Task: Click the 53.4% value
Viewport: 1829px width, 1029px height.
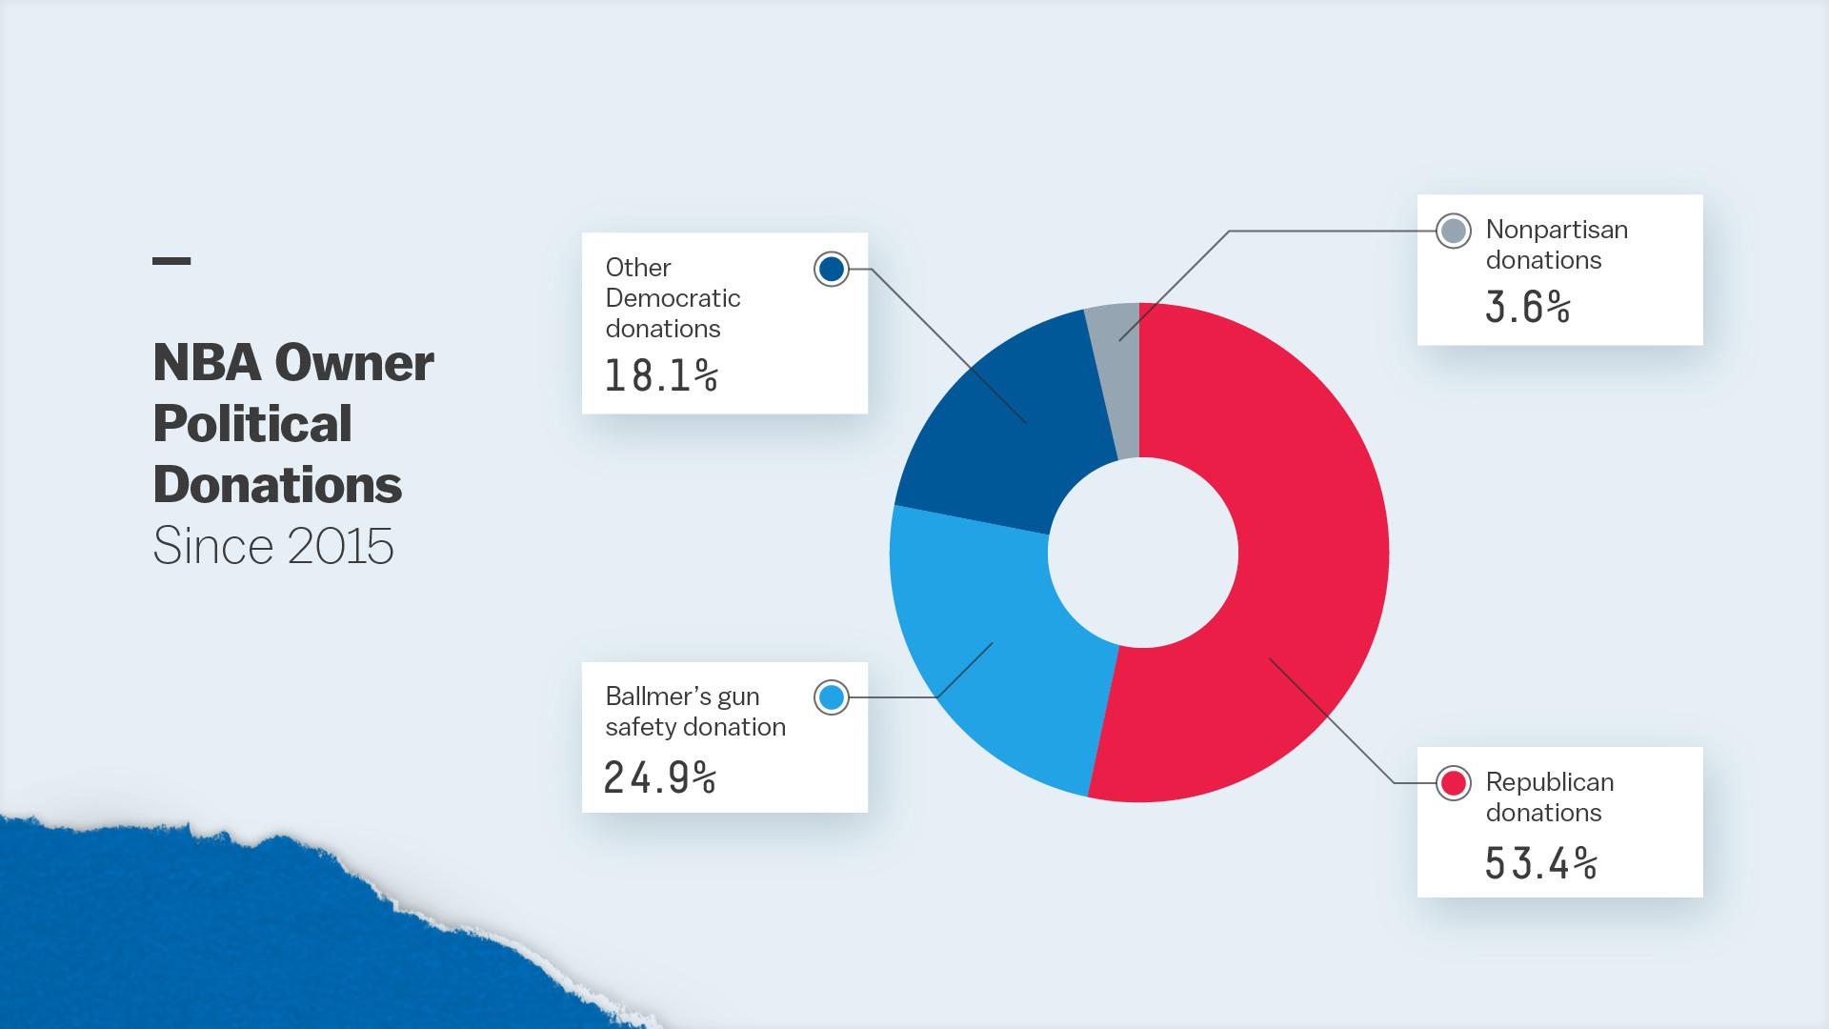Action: (x=1540, y=863)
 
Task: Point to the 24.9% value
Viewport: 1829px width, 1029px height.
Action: (x=659, y=778)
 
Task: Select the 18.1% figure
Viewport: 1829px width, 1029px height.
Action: (x=661, y=376)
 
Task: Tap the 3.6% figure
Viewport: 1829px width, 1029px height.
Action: (x=1527, y=308)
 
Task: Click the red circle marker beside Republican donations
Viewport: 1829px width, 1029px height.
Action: (x=1454, y=783)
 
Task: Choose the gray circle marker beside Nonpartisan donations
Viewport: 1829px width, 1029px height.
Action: (x=1454, y=231)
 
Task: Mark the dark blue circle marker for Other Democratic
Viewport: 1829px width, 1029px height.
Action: (x=832, y=270)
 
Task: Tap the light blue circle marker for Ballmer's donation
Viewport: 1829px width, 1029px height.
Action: (x=832, y=697)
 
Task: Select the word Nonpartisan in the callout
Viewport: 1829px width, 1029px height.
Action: (x=1557, y=230)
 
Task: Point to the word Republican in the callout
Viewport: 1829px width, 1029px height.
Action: (x=1550, y=782)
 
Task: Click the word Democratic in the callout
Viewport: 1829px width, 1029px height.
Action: (x=673, y=298)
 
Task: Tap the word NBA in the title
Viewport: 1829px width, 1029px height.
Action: (x=207, y=363)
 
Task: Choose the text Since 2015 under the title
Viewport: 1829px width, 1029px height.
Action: (x=273, y=546)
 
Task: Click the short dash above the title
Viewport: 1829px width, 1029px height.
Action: (x=171, y=260)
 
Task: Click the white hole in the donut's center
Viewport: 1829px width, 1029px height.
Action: (x=1142, y=553)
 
